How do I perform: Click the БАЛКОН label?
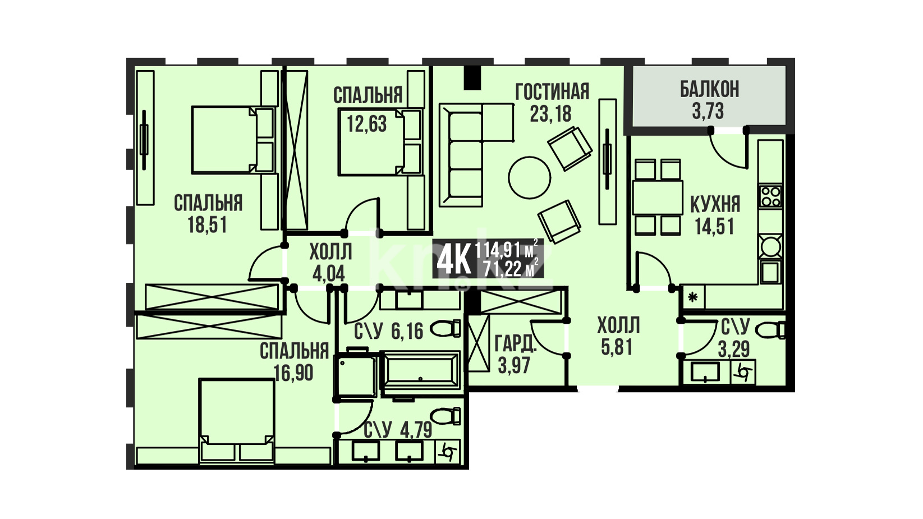click(x=709, y=89)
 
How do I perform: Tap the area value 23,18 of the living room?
click(x=550, y=113)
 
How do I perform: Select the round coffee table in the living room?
click(x=530, y=178)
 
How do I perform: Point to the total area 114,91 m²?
click(x=507, y=250)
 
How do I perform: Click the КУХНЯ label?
click(x=715, y=204)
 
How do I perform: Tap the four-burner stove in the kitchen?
click(x=770, y=196)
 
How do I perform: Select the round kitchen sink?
click(x=770, y=247)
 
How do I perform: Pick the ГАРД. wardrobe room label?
click(x=516, y=344)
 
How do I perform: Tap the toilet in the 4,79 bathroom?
click(x=445, y=416)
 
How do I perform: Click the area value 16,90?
click(x=293, y=373)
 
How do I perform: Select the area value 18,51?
click(x=207, y=225)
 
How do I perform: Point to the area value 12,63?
click(x=367, y=123)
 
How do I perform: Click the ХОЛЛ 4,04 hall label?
click(x=330, y=263)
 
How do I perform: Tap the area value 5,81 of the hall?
click(x=617, y=347)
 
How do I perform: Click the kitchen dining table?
click(x=658, y=198)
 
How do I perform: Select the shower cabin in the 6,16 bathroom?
click(x=356, y=375)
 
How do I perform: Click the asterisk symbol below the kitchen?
click(x=692, y=297)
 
